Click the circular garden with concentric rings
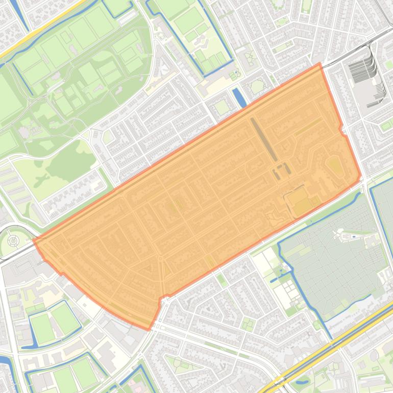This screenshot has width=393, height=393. click(14, 239)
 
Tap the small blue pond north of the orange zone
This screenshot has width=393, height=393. click(239, 97)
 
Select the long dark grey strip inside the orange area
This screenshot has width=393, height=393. click(263, 139)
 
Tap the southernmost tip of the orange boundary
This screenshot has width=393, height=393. click(149, 329)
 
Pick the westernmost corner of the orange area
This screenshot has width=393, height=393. click(34, 240)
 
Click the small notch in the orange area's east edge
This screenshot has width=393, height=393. click(341, 130)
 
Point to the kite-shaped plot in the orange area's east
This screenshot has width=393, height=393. click(334, 165)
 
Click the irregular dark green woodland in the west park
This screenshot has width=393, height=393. click(71, 158)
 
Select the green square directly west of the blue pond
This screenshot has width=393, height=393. click(222, 107)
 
